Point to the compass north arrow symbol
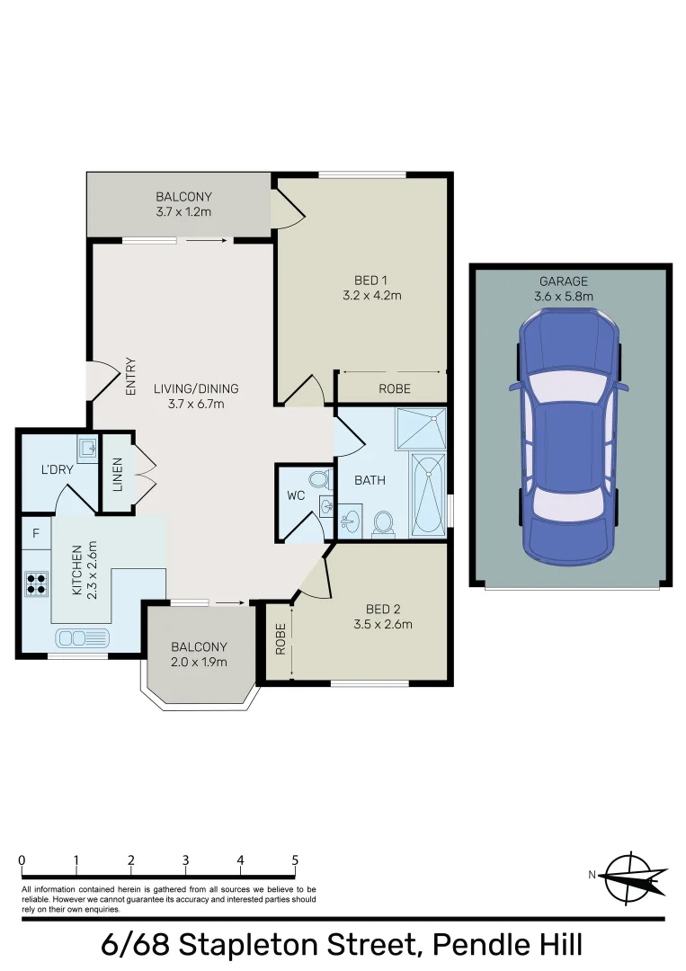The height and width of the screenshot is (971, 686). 633,877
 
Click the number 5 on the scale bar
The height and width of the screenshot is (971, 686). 295,860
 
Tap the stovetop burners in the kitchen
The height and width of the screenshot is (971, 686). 37,584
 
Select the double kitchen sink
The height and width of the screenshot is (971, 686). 82,637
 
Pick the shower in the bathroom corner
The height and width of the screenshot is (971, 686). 422,428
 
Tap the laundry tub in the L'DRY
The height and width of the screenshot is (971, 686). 86,447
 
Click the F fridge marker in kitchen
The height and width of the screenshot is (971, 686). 36,533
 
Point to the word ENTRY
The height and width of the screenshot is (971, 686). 131,377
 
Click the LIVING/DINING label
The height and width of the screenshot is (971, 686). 195,388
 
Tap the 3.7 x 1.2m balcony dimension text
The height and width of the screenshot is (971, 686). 183,212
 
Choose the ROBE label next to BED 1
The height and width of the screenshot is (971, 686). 395,388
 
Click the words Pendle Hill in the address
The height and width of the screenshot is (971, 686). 507,945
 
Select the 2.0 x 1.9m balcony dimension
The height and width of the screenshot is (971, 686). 200,663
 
